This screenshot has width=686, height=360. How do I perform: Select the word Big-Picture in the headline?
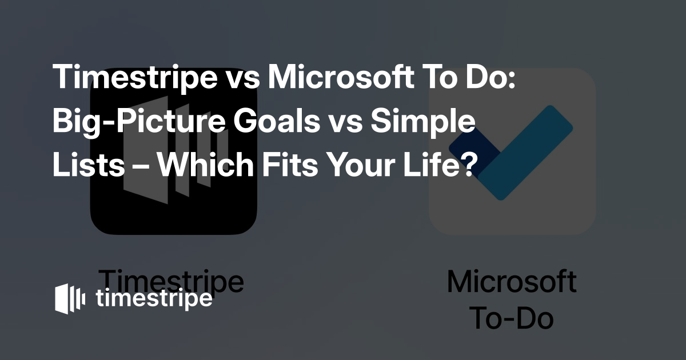(139, 122)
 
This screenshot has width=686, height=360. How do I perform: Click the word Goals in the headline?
(276, 121)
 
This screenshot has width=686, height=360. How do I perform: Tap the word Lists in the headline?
(89, 165)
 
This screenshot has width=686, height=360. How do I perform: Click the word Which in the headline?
(206, 165)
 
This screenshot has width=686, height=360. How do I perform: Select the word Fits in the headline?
(290, 165)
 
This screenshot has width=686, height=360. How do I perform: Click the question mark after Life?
(469, 165)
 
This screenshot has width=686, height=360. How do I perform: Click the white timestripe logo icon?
(70, 298)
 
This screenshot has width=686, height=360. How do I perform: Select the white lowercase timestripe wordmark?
(154, 298)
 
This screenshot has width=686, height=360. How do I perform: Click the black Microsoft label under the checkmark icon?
(512, 281)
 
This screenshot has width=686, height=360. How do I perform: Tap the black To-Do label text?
(512, 319)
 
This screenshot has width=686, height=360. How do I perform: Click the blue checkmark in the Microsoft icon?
(511, 153)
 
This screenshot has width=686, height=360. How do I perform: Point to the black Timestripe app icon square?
(173, 151)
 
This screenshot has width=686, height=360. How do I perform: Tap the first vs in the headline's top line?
(242, 80)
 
